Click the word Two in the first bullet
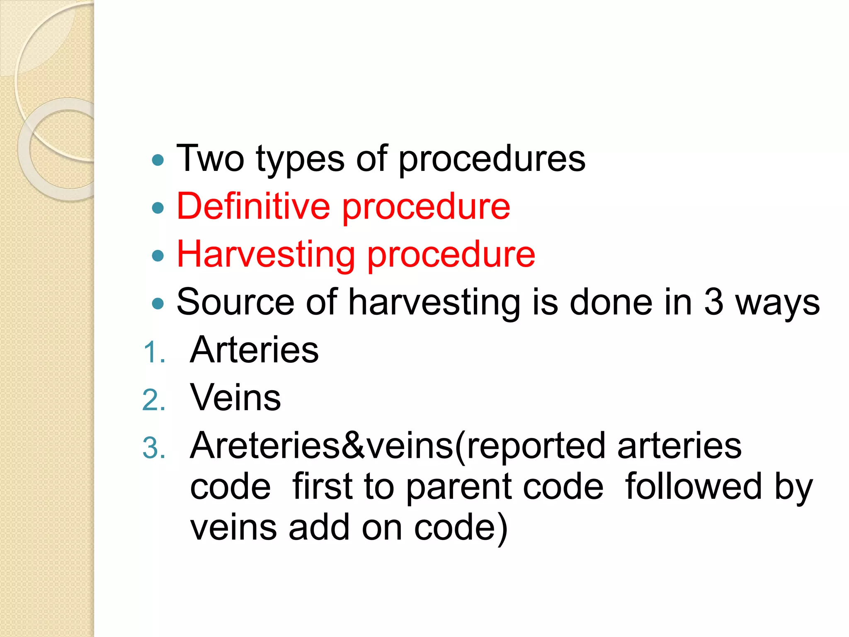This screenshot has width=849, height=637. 210,158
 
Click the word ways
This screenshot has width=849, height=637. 778,304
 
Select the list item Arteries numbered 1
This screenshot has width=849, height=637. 254,350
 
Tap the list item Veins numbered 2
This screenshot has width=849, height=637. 235,398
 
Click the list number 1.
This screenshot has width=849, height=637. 153,353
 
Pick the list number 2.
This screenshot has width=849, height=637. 153,400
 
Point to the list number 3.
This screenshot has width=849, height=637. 153,448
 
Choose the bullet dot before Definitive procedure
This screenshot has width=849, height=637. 158,207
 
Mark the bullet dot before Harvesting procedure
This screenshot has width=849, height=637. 158,255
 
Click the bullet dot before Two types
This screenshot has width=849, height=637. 158,160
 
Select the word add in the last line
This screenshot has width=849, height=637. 319,528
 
